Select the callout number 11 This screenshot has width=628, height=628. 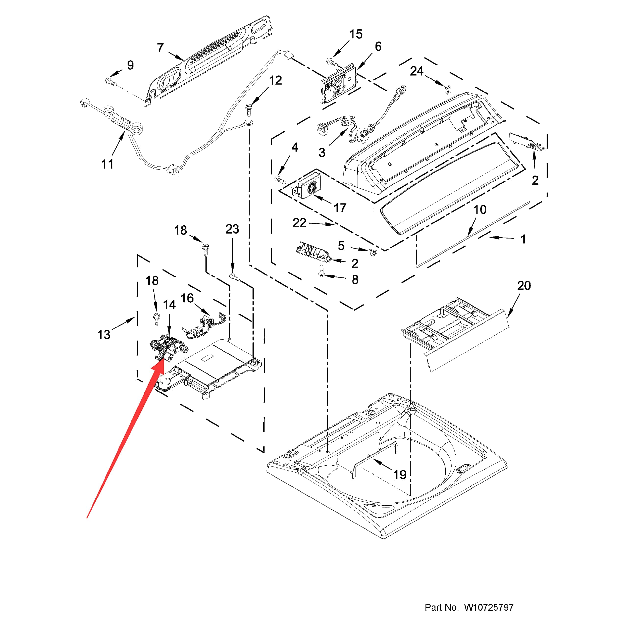(x=108, y=164)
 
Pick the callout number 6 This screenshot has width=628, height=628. (x=378, y=46)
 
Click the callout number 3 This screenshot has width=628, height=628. (x=322, y=152)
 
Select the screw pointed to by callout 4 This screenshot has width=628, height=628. (x=280, y=179)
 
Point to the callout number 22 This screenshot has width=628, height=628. (x=299, y=223)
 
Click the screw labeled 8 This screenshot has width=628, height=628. (x=321, y=271)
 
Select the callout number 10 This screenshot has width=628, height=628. (x=480, y=210)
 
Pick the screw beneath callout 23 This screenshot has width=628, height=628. (x=235, y=277)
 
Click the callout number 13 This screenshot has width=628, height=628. (x=104, y=334)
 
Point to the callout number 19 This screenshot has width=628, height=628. (x=400, y=475)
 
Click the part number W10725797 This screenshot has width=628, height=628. (x=489, y=607)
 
